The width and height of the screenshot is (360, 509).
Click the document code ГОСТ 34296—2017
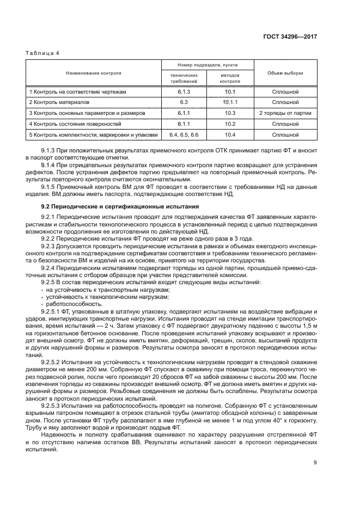(290, 37)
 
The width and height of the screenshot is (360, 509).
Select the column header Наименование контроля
(94, 72)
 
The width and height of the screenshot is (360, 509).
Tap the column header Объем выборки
(285, 72)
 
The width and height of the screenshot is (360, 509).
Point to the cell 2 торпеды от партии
(285, 113)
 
